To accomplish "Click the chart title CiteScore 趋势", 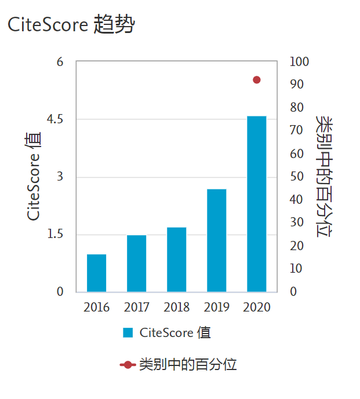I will click(x=70, y=25).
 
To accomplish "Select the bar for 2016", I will click(x=96, y=273).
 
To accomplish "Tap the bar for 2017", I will click(x=136, y=263).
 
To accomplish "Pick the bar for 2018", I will click(x=176, y=259).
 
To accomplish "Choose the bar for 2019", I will click(x=216, y=240).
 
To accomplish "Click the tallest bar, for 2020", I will click(x=256, y=204).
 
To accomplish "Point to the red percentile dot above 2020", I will click(x=257, y=80).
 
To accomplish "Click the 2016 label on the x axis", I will click(x=96, y=308).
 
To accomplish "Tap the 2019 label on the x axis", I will click(x=216, y=308).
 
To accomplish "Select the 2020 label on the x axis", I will click(x=256, y=308).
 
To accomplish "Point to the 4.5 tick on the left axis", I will click(x=55, y=119).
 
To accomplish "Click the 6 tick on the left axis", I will click(x=60, y=62).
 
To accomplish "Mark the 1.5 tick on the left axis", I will click(x=55, y=235).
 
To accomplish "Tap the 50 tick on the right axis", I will click(x=297, y=177).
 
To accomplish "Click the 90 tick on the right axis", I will click(x=297, y=85).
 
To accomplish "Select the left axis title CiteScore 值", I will click(x=34, y=177).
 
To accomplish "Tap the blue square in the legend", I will click(x=128, y=332).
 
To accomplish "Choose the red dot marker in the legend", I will click(x=128, y=365).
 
